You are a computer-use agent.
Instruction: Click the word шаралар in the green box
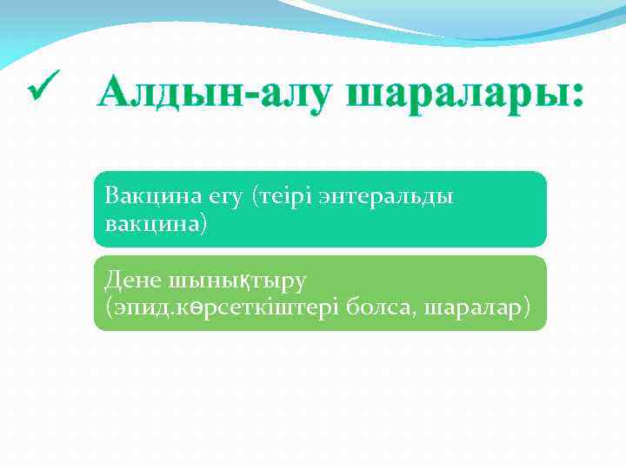[470, 307]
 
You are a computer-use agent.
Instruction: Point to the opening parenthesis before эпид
[108, 307]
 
